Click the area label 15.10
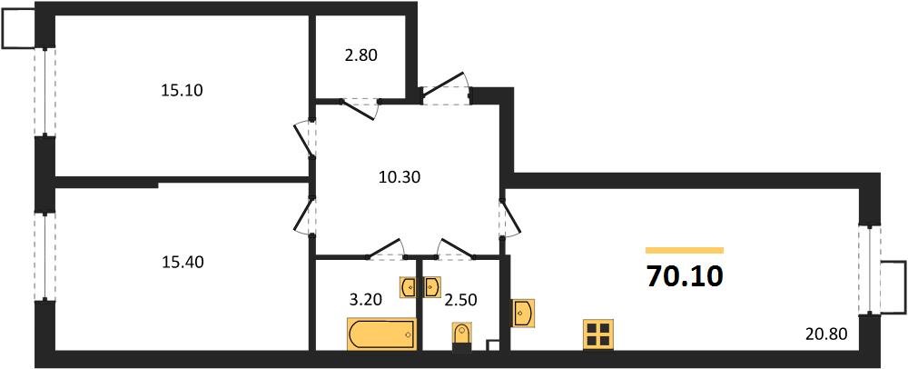tap(180, 90)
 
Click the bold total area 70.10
tap(684, 275)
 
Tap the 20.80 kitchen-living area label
tap(826, 334)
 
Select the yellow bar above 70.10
tap(684, 249)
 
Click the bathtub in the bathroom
tap(381, 334)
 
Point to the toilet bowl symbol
tap(462, 334)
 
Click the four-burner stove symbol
tap(598, 334)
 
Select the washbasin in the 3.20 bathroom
tap(409, 286)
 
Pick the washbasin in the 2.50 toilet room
tap(433, 286)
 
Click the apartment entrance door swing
tap(445, 87)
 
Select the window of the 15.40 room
tap(41, 256)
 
